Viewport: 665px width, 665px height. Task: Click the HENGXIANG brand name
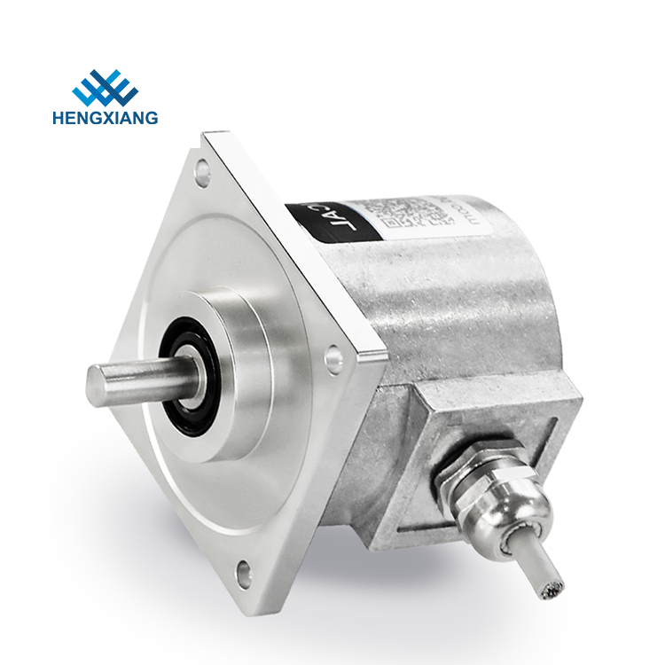(x=115, y=117)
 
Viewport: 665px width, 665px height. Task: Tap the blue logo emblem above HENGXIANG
(x=105, y=87)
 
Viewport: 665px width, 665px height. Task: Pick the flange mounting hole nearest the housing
(x=334, y=359)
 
